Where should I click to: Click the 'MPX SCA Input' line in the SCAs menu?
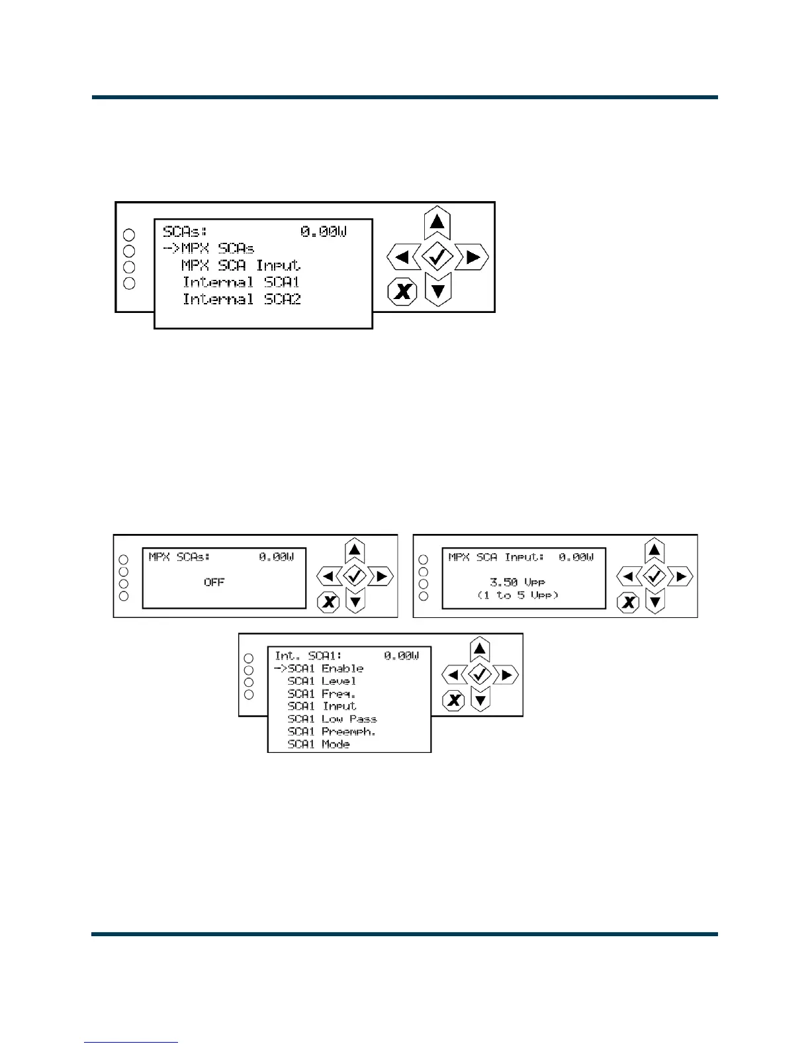pyautogui.click(x=241, y=265)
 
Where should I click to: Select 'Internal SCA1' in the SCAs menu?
pyautogui.click(x=242, y=283)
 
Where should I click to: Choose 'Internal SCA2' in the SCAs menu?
pyautogui.click(x=242, y=300)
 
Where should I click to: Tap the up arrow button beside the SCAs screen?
pyautogui.click(x=437, y=222)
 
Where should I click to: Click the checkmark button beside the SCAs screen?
pyautogui.click(x=437, y=257)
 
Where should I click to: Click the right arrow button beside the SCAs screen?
pyautogui.click(x=472, y=257)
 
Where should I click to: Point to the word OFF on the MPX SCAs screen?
pyautogui.click(x=214, y=582)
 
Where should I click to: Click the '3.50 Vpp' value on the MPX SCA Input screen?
pyautogui.click(x=517, y=582)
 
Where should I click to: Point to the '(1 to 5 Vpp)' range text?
pyautogui.click(x=517, y=595)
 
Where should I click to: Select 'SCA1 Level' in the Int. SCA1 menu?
pyautogui.click(x=322, y=681)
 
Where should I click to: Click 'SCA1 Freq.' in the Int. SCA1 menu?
pyautogui.click(x=321, y=694)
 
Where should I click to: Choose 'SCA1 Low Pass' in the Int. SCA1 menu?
pyautogui.click(x=332, y=719)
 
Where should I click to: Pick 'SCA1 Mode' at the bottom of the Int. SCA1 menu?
pyautogui.click(x=318, y=744)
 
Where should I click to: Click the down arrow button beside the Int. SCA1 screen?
pyautogui.click(x=480, y=699)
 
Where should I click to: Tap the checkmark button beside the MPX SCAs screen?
pyautogui.click(x=355, y=576)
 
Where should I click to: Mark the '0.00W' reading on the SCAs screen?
pyautogui.click(x=324, y=232)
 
